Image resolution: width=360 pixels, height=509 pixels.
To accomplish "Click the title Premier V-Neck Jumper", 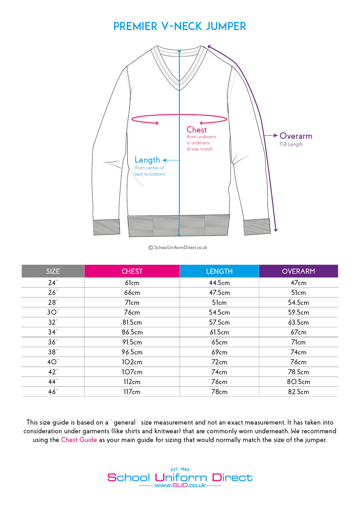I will coord(180,26).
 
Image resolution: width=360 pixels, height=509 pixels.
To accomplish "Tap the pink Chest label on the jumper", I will coord(197,130).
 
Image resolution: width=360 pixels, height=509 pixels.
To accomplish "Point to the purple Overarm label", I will coord(296,136).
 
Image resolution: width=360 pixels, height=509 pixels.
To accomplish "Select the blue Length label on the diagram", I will coord(147,160).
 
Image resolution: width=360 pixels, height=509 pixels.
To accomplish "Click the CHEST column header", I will coord(132,271).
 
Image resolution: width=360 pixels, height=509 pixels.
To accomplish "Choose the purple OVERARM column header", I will coord(298,271).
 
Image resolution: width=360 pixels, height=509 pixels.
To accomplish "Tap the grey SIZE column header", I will coord(53,271).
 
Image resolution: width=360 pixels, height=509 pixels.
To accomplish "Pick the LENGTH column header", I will coord(219,271).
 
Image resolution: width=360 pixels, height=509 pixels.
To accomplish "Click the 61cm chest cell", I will coord(132,283).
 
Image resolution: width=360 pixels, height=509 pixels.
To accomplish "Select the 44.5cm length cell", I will coord(219,283).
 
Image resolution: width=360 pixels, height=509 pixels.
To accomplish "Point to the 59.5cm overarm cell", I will coord(298,312).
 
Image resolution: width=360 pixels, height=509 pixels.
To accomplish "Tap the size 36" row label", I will coord(53,342).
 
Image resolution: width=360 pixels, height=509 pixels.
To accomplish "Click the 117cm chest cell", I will coord(132,392).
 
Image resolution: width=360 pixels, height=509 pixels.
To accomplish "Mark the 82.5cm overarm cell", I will coord(298,392).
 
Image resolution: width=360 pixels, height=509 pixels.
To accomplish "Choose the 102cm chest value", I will coord(132,362).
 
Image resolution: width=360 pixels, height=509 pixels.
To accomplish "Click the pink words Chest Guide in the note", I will coord(79,440).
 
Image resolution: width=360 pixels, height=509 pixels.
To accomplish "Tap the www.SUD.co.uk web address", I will coord(180,485).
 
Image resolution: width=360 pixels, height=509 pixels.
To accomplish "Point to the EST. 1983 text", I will coord(180,469).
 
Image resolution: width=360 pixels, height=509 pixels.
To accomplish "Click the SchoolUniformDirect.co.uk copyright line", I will coord(178,248).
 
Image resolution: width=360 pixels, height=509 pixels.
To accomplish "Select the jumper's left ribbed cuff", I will coord(107,227).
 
